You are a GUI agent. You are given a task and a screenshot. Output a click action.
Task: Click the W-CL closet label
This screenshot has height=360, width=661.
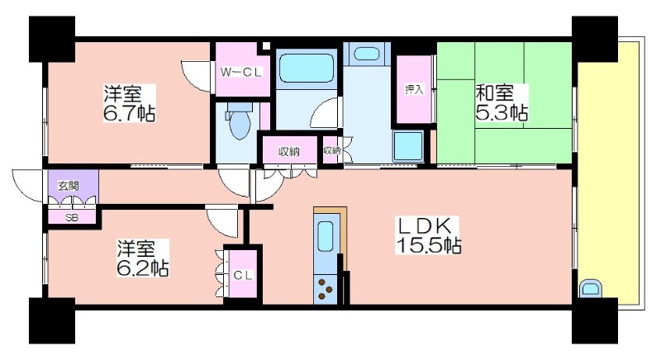point(241,72)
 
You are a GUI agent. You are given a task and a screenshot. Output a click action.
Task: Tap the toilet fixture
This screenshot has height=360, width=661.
point(240,121)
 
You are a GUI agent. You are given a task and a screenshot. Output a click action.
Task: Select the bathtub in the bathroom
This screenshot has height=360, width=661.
point(307,68)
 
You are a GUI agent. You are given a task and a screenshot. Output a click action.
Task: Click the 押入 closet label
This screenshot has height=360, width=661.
point(414,89)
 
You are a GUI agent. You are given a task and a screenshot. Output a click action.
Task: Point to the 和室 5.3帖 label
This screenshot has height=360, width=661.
point(502,102)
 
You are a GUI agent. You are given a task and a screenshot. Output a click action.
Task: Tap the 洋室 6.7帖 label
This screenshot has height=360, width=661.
point(130,103)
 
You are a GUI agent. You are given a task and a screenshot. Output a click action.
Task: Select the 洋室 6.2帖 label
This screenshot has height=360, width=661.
point(143,258)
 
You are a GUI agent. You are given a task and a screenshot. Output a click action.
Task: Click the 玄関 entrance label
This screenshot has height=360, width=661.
point(69,185)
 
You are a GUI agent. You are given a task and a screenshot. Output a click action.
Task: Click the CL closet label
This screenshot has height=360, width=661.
point(243,276)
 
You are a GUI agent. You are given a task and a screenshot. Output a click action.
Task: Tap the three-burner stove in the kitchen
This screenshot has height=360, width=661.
point(325,289)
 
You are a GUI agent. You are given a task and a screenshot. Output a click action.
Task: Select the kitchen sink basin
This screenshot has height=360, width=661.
point(325,237)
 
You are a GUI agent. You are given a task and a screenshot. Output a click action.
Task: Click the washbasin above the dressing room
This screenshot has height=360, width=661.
point(366,54)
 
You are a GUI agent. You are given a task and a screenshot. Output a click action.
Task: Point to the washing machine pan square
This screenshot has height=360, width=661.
point(407,146)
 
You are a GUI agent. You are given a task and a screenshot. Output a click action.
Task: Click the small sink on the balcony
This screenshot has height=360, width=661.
point(591,288)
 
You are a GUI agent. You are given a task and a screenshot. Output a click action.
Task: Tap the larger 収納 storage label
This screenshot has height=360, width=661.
point(289,152)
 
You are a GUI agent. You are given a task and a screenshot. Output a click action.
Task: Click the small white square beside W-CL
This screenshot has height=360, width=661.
point(265,45)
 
